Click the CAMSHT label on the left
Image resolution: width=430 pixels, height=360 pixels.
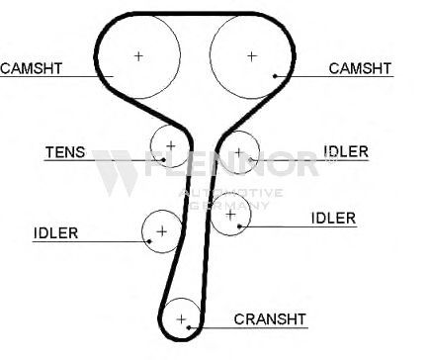(x=31, y=68)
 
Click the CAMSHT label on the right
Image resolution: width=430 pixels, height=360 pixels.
(x=360, y=68)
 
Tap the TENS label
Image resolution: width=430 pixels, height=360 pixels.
(x=65, y=152)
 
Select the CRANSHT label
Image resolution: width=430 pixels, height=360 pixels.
(x=270, y=319)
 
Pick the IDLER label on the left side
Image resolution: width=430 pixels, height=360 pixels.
(x=56, y=233)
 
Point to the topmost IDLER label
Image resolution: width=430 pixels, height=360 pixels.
(x=346, y=151)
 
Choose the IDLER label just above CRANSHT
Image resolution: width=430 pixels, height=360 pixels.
(x=333, y=219)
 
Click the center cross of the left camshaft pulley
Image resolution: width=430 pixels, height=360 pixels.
(x=138, y=56)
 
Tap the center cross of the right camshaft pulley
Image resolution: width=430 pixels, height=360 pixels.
(x=252, y=56)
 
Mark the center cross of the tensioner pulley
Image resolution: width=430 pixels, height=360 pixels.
(x=171, y=145)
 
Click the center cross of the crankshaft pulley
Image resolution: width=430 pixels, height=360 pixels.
(x=181, y=319)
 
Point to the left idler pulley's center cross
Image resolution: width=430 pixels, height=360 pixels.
(x=162, y=231)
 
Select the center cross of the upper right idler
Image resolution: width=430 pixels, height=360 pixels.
(x=239, y=152)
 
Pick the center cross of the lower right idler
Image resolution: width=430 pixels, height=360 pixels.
(x=230, y=215)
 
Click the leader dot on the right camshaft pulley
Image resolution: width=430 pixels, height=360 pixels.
(x=275, y=76)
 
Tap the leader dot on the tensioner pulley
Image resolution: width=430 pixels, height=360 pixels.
(x=164, y=160)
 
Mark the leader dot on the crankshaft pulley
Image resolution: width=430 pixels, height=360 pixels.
(x=189, y=327)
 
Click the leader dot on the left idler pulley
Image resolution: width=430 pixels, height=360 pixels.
(x=149, y=241)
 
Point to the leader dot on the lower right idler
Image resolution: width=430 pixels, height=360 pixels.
(x=239, y=226)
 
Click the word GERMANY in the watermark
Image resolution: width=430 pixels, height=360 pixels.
(x=229, y=205)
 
